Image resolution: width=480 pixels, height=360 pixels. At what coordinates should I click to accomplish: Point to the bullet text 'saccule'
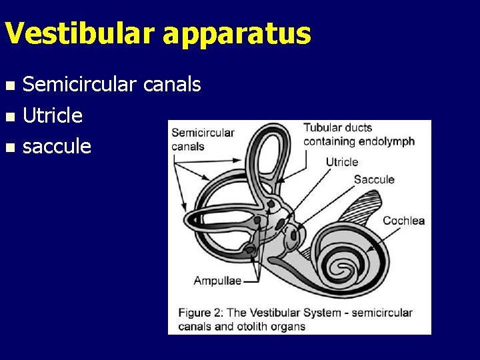(x=57, y=147)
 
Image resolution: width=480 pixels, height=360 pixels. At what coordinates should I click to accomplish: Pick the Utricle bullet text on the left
(x=53, y=115)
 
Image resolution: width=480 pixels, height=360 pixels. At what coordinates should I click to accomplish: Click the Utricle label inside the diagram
(x=341, y=162)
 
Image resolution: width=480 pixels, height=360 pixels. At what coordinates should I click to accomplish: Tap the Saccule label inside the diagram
(x=374, y=179)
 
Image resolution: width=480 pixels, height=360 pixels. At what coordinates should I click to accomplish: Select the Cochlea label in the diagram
(x=403, y=221)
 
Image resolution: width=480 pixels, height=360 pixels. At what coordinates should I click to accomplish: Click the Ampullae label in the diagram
(x=217, y=281)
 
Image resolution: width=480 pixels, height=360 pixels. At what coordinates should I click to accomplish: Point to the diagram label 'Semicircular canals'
(x=203, y=139)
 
